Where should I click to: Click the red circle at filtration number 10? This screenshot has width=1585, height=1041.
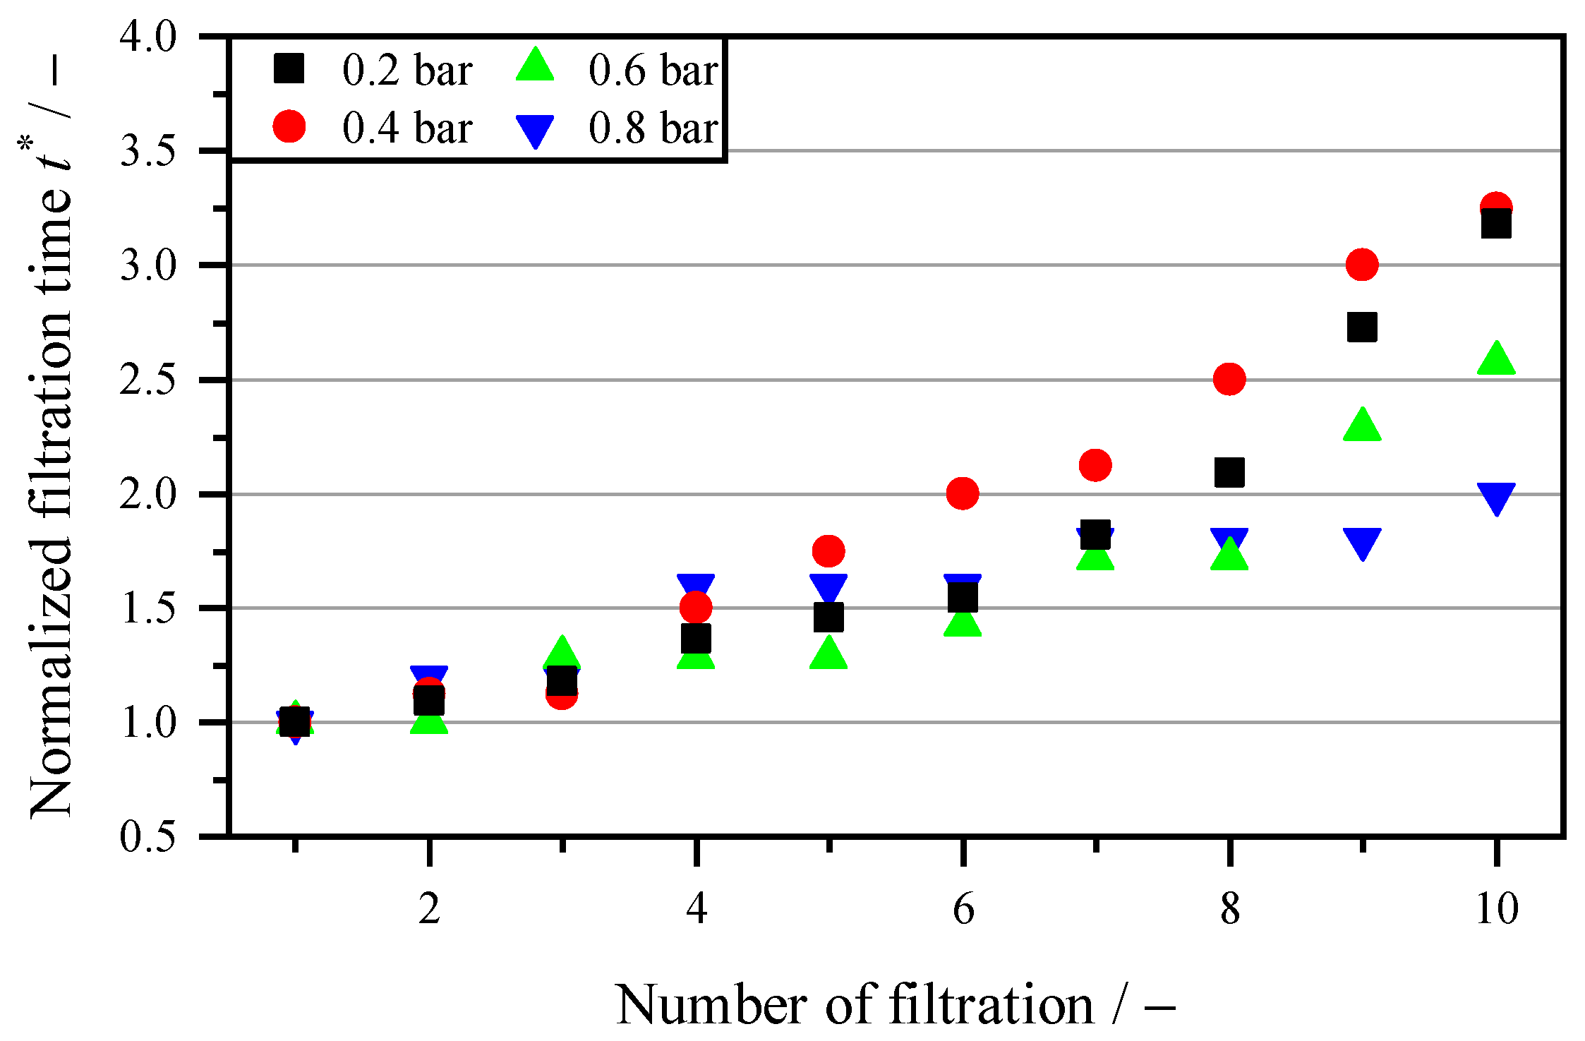tap(1495, 207)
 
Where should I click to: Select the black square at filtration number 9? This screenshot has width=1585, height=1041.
tap(1362, 327)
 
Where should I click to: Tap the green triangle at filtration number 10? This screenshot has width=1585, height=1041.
tap(1495, 359)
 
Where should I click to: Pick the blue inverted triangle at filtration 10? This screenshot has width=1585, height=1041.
tap(1496, 498)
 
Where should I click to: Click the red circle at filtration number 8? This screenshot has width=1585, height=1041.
tap(1229, 379)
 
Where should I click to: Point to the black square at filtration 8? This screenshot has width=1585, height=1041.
tap(1229, 472)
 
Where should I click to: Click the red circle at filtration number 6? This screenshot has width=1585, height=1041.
tap(963, 493)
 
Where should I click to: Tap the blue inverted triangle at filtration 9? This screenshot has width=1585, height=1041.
tap(1362, 542)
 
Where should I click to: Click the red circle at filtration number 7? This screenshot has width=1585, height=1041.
tap(1095, 465)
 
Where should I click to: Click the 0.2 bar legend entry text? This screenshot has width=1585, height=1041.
tap(407, 71)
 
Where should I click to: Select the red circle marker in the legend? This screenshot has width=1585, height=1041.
tap(289, 128)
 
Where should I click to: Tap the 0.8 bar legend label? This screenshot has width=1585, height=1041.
tap(653, 128)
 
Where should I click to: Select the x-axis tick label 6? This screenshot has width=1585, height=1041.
tap(963, 908)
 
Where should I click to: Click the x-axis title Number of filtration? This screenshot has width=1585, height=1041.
tap(895, 1005)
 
